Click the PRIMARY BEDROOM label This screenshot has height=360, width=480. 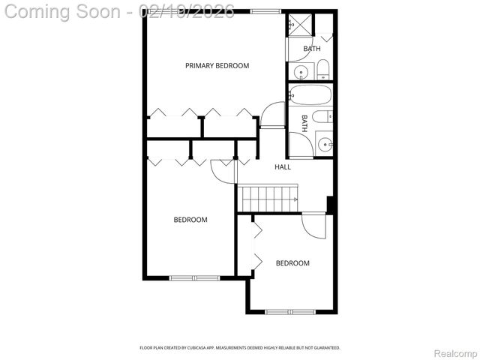click(x=217, y=66)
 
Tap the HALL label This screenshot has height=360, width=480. click(x=283, y=166)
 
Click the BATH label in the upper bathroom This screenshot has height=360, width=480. click(x=311, y=49)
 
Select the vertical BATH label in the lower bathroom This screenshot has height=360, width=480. click(x=304, y=123)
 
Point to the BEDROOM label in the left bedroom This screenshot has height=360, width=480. click(x=190, y=220)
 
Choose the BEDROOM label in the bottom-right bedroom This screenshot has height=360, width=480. click(x=292, y=263)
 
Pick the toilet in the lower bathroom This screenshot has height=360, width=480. click(x=322, y=117)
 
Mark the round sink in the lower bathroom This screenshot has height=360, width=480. click(x=324, y=144)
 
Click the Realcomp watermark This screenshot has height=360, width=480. click(x=455, y=353)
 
